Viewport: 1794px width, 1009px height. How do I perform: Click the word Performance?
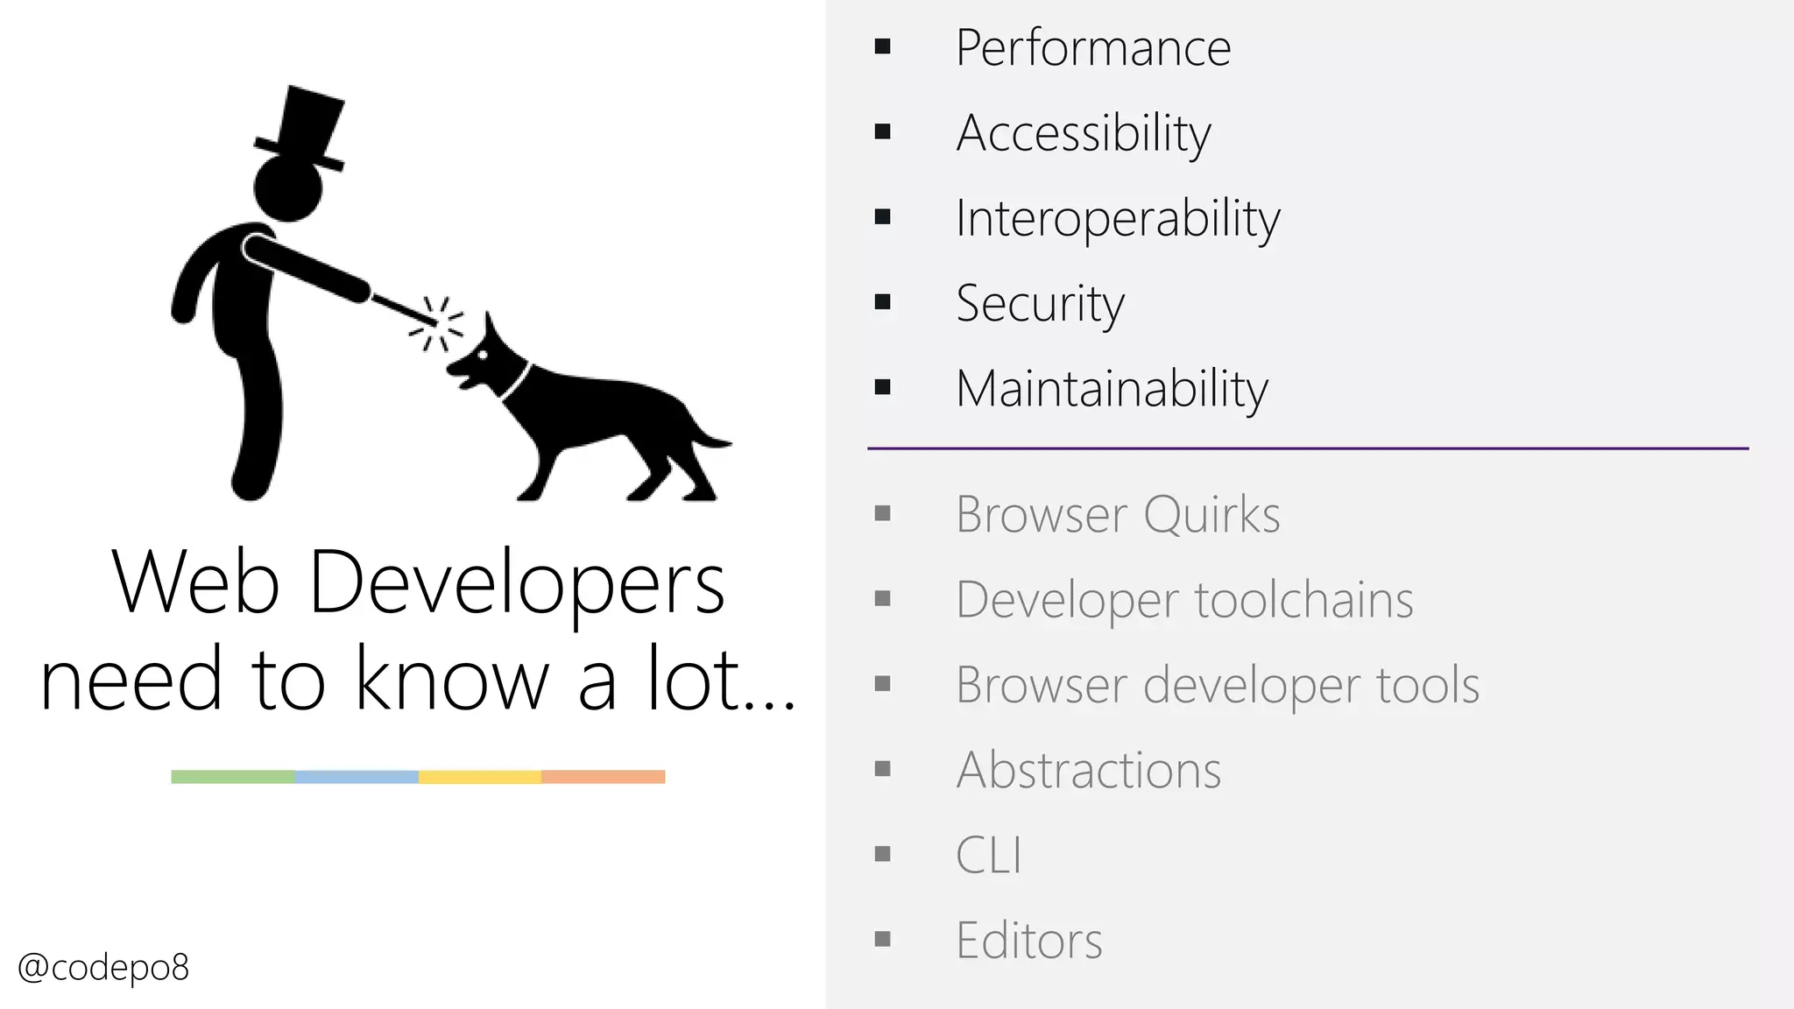1092,48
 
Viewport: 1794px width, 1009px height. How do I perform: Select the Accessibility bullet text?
1084,134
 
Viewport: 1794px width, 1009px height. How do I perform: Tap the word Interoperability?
1117,219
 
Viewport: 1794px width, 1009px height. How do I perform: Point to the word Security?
1040,304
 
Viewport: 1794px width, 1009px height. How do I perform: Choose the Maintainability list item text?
1112,389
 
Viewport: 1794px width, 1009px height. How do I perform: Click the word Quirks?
1211,514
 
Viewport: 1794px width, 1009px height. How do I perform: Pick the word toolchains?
1303,600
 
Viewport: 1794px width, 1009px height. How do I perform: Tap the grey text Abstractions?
1088,771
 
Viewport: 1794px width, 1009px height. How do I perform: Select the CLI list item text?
988,855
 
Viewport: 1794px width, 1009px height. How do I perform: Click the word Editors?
1028,941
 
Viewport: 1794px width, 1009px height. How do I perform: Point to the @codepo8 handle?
103,968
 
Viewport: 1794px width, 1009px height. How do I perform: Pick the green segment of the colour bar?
233,777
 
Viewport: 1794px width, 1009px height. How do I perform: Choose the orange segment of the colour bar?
604,777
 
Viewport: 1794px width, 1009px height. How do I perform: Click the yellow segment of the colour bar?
480,777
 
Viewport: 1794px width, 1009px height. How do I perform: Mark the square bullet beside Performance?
882,46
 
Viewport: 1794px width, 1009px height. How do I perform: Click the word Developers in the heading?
517,583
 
